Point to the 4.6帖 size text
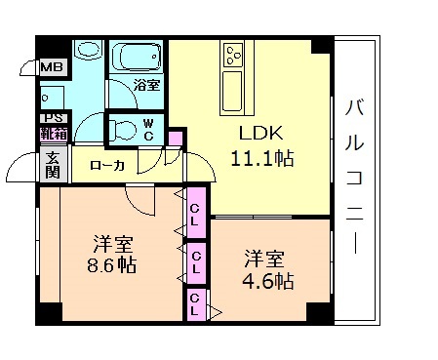point(268,280)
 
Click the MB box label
point(51,68)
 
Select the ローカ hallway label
point(106,166)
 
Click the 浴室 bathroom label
point(146,85)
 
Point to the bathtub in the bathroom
point(136,57)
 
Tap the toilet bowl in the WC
point(122,127)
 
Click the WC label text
point(148,129)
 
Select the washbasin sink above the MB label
point(88,50)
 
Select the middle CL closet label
point(196,261)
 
